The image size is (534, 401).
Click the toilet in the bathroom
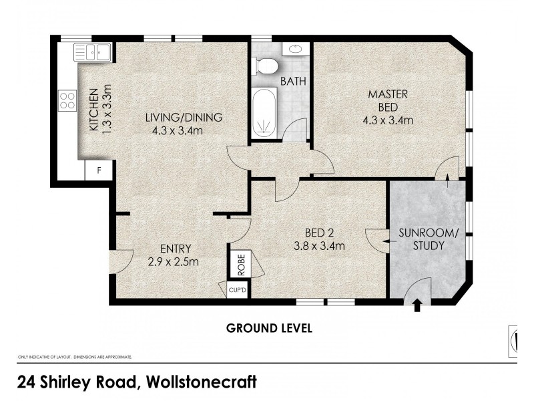click(x=267, y=66)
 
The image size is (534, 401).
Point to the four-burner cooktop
click(x=67, y=100)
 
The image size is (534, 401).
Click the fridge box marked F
click(x=99, y=170)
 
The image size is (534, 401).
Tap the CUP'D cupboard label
click(x=238, y=290)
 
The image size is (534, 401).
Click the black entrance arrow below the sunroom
click(x=418, y=305)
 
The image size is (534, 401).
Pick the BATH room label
click(x=293, y=82)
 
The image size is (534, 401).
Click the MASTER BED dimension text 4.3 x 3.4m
click(x=388, y=121)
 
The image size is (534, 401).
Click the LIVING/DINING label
click(x=184, y=118)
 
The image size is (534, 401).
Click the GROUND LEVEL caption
click(x=269, y=328)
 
